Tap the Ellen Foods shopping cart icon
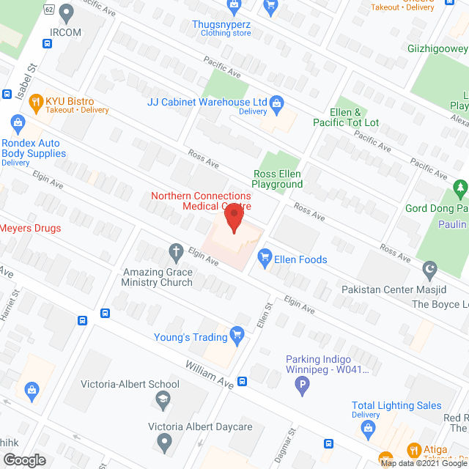click(x=265, y=257)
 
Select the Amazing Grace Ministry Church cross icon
click(x=176, y=253)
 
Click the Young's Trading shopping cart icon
click(x=237, y=336)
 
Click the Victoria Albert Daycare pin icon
click(x=164, y=442)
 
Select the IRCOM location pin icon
click(x=67, y=12)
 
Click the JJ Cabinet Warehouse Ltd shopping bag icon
click(x=277, y=102)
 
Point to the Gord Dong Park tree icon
click(x=460, y=189)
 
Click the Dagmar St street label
click(x=291, y=444)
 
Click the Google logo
click(x=23, y=459)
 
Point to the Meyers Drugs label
click(x=29, y=228)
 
